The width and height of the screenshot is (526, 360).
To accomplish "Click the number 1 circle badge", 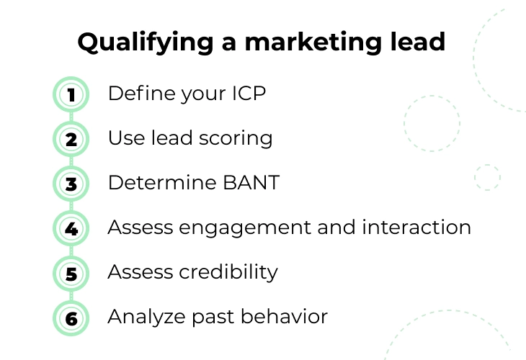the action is (x=71, y=94).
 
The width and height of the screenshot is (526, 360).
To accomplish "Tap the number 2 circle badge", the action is (x=71, y=139).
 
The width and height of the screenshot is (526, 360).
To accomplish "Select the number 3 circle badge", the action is (x=71, y=184).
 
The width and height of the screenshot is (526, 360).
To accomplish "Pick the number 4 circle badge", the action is (x=71, y=229).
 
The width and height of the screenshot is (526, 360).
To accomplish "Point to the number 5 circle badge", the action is (x=71, y=274).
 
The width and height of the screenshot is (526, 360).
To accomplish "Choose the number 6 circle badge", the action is (x=71, y=318).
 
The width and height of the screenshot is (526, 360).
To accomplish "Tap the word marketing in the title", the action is (x=313, y=43).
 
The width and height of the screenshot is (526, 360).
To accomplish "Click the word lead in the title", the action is (x=418, y=42).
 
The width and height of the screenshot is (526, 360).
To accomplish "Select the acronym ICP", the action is (x=249, y=93).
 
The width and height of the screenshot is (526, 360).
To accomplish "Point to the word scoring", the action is (x=236, y=139).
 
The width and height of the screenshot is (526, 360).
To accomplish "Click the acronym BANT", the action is (x=251, y=183).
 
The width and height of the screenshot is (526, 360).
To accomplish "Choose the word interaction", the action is (x=416, y=227).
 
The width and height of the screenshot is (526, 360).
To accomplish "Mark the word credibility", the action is (x=228, y=272).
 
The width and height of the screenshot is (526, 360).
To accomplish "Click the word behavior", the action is (x=284, y=316).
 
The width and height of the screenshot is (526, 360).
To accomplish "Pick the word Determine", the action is (x=162, y=183).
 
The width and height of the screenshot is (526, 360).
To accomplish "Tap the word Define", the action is (x=141, y=93).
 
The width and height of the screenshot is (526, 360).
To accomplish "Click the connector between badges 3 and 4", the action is (x=71, y=206).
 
